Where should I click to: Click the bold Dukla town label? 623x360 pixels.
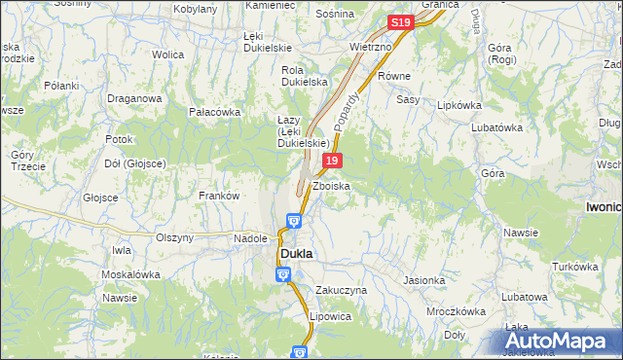(296, 253)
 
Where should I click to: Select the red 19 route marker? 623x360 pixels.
(333, 161)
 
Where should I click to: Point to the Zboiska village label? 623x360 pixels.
(331, 185)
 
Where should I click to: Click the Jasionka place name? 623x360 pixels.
(423, 280)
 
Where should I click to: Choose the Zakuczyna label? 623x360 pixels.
(341, 290)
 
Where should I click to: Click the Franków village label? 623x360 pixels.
(219, 196)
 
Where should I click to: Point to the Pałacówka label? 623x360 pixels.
(214, 112)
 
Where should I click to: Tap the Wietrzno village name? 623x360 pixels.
(369, 46)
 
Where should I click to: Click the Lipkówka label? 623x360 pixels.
(460, 104)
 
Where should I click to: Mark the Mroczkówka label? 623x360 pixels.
(456, 311)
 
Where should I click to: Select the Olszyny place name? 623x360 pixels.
(175, 236)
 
